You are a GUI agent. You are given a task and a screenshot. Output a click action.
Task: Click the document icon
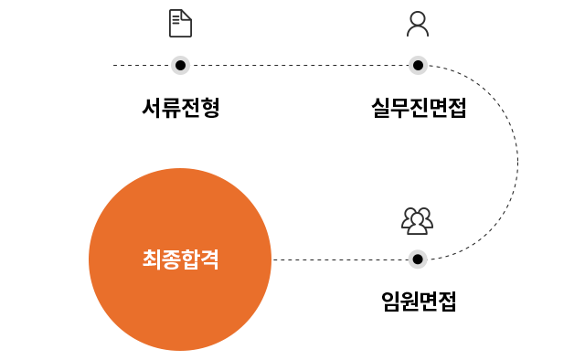point(180,23)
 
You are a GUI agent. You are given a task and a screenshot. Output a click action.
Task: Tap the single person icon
point(418,23)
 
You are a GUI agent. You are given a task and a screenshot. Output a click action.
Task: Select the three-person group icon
point(418,220)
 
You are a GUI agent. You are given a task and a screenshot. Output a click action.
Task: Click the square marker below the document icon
point(180,65)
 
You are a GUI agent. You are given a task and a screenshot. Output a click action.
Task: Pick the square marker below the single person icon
point(418,65)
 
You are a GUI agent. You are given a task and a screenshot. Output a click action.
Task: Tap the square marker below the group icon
point(418,259)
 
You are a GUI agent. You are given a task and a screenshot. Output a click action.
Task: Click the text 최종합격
point(180,259)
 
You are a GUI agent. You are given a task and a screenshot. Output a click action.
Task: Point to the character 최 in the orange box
point(152,259)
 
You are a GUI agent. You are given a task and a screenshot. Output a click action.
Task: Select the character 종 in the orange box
point(171,259)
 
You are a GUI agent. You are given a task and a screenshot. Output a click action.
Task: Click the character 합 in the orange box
point(190,259)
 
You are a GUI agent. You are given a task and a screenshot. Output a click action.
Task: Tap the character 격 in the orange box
point(209,259)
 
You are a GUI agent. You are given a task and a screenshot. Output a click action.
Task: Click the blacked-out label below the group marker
point(418,301)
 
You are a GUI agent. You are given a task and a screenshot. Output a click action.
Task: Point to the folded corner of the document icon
point(186,14)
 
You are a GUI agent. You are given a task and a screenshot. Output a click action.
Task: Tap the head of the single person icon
point(418,18)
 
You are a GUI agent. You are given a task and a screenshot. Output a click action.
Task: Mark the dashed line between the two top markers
point(299,65)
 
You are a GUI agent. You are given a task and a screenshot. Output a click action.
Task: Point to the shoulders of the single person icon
point(418,30)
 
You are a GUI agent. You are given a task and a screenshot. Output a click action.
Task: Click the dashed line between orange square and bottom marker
point(338,259)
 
